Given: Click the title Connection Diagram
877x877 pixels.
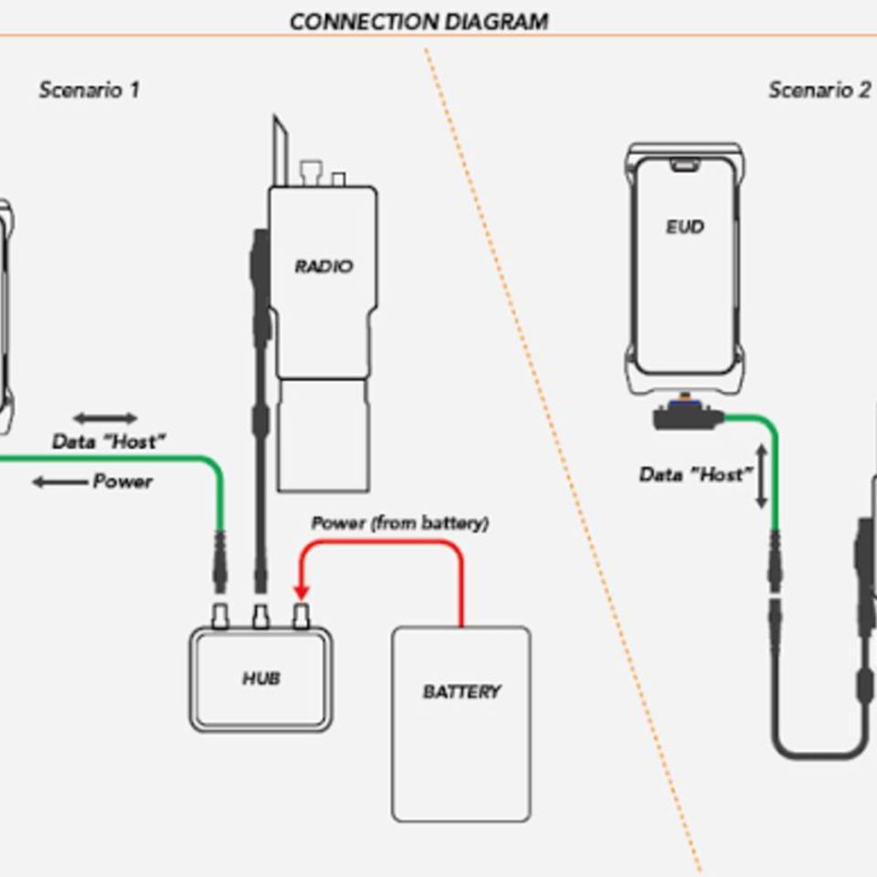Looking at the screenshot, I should (x=418, y=21).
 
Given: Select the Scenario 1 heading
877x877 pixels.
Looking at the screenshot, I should (x=89, y=90).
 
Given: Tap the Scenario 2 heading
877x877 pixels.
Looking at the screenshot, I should (x=819, y=90).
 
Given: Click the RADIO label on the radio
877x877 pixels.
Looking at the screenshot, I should (x=323, y=267).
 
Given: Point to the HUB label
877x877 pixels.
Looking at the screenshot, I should (x=260, y=679).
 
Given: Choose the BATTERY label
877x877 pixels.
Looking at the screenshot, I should (x=461, y=692).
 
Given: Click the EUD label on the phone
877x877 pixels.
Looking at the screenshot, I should (x=684, y=227).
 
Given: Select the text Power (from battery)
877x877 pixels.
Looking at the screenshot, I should (x=399, y=523).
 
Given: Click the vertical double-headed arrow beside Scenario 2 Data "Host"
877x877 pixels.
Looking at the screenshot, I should (x=761, y=475).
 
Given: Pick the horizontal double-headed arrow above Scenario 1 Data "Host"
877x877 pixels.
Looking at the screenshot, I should (x=105, y=418).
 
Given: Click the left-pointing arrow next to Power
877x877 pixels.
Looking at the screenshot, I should (x=60, y=481).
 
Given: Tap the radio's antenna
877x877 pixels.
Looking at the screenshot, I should (x=280, y=151).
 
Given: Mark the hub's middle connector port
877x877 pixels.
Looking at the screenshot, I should (x=260, y=616).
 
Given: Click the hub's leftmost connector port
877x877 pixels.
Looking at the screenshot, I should (x=220, y=616).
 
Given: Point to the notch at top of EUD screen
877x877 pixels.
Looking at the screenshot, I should (x=683, y=165).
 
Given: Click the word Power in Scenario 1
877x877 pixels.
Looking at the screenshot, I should (x=122, y=481).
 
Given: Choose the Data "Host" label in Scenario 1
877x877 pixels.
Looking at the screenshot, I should (x=109, y=442).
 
